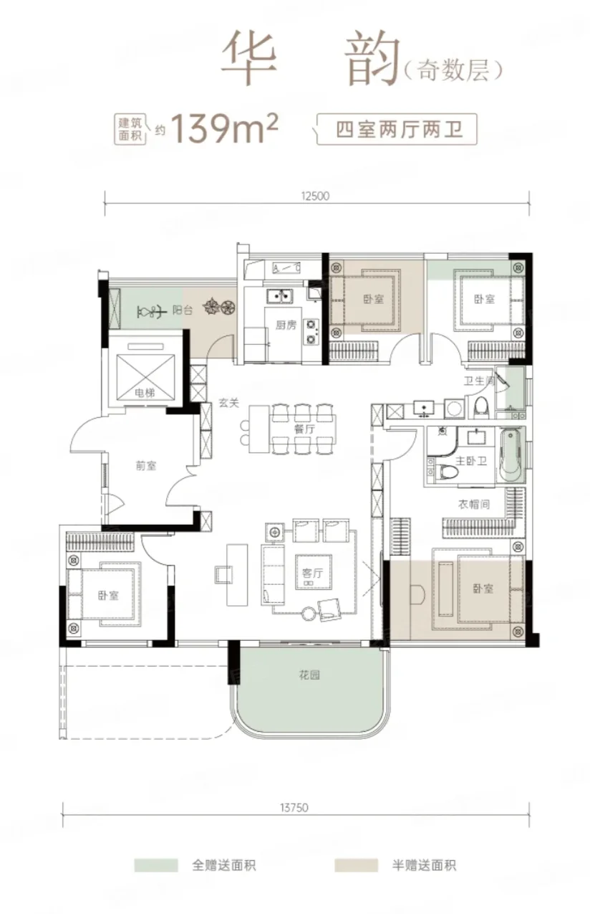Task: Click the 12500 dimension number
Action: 315,196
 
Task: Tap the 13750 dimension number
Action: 294,807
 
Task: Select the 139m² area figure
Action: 225,128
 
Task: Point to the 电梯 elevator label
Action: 145,393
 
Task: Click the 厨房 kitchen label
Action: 286,325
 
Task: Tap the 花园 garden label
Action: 309,675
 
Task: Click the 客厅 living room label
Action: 313,573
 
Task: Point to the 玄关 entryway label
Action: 228,403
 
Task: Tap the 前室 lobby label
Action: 146,465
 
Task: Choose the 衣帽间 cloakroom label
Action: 474,505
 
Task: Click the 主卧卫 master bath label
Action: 471,461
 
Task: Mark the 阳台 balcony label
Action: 182,310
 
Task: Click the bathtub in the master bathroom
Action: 510,456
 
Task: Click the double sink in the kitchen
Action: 279,295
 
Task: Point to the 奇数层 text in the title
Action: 453,70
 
